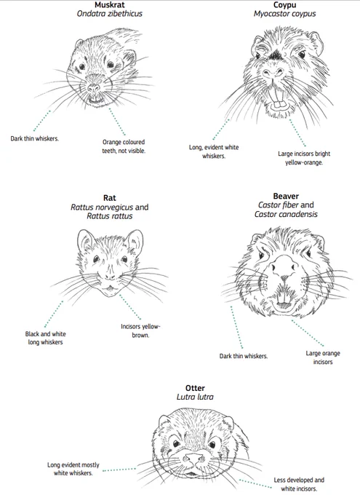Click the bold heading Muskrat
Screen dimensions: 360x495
(x=110, y=5)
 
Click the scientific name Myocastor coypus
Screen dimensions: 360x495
(x=284, y=14)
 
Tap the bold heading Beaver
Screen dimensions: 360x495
(x=286, y=196)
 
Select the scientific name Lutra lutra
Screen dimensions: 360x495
(x=195, y=397)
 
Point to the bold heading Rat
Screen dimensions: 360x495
(x=110, y=198)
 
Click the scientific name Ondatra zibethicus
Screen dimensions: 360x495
(x=110, y=14)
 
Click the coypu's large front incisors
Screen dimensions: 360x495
(x=279, y=104)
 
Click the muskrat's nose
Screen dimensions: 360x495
(x=93, y=87)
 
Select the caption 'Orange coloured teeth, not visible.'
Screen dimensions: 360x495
(x=124, y=146)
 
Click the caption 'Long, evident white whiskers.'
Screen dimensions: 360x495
(x=214, y=151)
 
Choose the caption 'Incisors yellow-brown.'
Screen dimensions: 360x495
(x=140, y=330)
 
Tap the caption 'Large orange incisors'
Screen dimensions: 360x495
(x=323, y=357)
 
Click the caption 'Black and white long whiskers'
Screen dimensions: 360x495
(x=45, y=338)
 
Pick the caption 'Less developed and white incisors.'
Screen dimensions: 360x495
(x=299, y=484)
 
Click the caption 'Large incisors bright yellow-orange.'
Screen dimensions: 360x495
(x=304, y=158)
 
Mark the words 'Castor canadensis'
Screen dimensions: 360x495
(x=286, y=214)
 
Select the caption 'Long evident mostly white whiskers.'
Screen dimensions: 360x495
(x=73, y=469)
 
